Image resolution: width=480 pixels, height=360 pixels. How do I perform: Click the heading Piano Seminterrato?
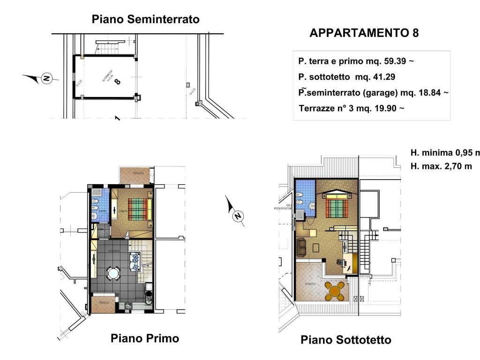146,19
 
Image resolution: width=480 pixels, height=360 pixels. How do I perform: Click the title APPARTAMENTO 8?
364,33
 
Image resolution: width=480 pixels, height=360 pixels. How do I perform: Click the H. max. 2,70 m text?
441,166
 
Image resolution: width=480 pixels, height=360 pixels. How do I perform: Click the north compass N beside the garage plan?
45,78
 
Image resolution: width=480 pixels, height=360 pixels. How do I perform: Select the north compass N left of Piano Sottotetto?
238,216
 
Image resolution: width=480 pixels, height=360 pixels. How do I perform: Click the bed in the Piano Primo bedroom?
140,209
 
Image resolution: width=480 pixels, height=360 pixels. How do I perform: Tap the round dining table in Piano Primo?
112,273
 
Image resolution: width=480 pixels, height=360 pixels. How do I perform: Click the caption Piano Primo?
144,338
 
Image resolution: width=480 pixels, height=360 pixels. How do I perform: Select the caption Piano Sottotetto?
345,340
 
